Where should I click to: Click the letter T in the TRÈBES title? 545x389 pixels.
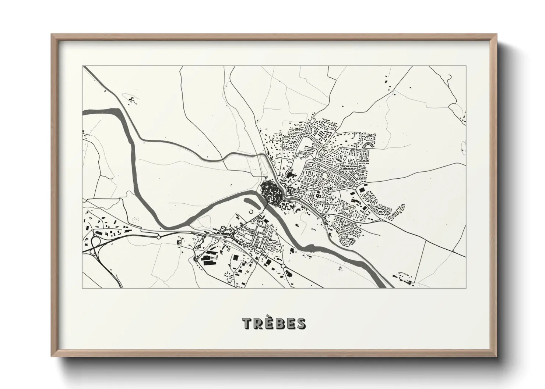tap(247, 324)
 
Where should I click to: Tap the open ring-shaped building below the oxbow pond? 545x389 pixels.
tap(251, 211)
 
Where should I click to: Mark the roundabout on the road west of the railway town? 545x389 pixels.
tap(159, 237)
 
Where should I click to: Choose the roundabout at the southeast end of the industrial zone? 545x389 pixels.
tap(283, 265)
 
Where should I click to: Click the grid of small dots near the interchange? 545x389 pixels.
tap(136, 219)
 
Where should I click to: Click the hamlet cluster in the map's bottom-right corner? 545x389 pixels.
tap(405, 278)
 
